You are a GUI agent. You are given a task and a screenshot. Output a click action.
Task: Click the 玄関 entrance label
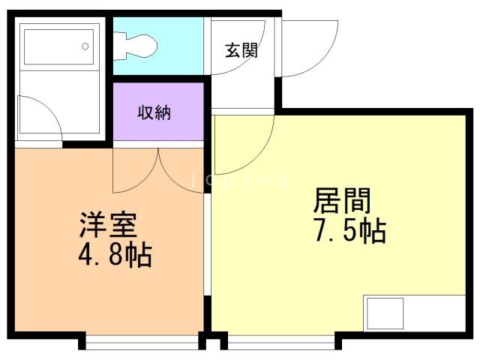click(x=241, y=51)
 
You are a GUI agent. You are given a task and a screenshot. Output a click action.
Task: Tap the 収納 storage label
click(x=154, y=112)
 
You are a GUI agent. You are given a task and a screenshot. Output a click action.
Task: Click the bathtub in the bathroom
click(x=58, y=46)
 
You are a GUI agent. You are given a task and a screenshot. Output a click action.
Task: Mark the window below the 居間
click(x=281, y=343)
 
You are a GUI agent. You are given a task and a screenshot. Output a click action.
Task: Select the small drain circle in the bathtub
click(x=85, y=46)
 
